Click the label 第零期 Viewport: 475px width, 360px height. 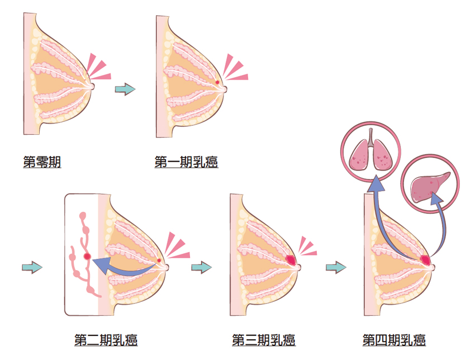click(42, 163)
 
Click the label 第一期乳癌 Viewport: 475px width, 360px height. click(186, 163)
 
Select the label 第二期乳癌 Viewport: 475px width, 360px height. click(106, 340)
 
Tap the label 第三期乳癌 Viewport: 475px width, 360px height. click(263, 340)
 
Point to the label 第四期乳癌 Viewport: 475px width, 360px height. click(395, 340)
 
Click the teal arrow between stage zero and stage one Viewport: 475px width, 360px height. click(125, 89)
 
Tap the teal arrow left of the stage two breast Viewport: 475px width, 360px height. click(32, 267)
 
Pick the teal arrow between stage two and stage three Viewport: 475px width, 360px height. click(201, 267)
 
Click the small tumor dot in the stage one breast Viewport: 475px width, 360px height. click(217, 83)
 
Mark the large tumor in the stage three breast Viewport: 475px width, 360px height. click(291, 259)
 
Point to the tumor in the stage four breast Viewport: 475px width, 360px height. click(425, 260)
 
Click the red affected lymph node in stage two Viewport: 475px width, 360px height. click(87, 255)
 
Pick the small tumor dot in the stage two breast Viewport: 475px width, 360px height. click(159, 260)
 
